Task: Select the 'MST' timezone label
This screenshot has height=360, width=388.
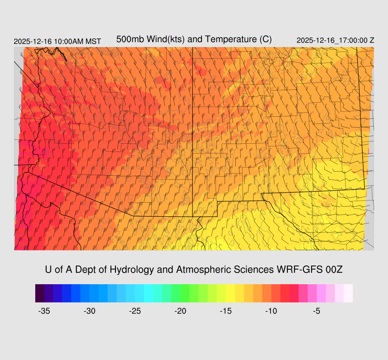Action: (x=93, y=41)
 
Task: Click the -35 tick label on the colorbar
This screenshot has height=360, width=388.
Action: (x=44, y=311)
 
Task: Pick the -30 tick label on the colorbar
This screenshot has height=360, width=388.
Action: (x=89, y=311)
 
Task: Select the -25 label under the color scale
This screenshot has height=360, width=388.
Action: (x=135, y=311)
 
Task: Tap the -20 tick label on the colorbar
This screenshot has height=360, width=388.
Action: (x=180, y=311)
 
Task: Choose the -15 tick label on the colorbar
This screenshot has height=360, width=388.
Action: (x=226, y=311)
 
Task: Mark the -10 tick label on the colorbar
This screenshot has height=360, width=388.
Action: (x=271, y=311)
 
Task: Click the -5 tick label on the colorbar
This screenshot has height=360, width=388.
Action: (x=317, y=311)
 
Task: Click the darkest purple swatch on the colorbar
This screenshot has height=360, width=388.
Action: (x=40, y=293)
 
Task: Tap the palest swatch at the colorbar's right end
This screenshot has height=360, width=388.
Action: (x=348, y=293)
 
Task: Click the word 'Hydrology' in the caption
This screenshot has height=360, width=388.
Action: (x=132, y=270)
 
